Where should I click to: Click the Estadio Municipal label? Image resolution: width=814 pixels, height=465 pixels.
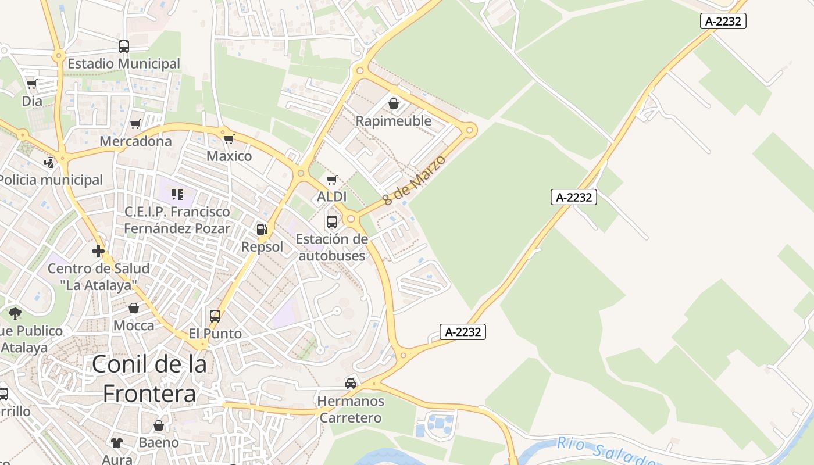pos(124,63)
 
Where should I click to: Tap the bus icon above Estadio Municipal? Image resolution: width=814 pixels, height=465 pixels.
pos(124,46)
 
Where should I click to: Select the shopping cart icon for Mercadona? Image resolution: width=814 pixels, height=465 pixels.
pos(135,124)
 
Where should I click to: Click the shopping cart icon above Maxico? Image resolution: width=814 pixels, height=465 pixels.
pos(229,139)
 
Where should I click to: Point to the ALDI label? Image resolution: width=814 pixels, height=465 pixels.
pos(331,197)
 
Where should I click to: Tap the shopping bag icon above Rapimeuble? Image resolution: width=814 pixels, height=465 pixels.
pos(394,103)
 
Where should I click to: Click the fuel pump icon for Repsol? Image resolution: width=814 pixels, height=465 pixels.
pos(262,230)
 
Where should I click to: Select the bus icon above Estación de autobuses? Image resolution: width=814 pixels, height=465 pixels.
pos(332,221)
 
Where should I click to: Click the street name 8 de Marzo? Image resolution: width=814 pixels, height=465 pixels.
pos(414,180)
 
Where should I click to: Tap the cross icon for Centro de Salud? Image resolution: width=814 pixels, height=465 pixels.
pos(98,251)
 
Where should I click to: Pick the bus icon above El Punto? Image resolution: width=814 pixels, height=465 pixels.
pos(215,316)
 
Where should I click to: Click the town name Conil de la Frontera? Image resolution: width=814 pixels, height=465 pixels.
pos(149,378)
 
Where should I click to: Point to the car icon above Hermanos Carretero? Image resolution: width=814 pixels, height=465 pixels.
pos(351,384)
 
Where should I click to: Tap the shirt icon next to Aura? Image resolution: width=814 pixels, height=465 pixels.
pos(117,443)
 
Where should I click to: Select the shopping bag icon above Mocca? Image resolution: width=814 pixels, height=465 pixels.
pos(134,308)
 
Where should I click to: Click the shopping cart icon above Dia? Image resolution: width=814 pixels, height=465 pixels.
pos(32,84)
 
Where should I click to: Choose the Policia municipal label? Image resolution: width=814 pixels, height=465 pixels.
pos(51,180)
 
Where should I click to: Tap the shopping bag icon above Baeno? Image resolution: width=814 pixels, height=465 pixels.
pos(159,426)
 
